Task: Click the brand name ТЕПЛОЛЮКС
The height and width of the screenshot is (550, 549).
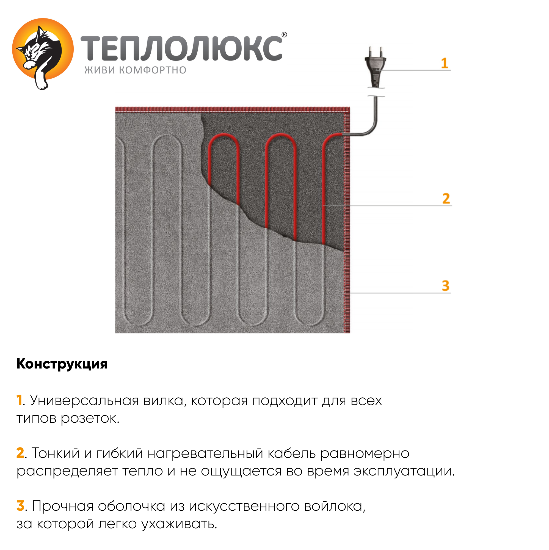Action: click(x=181, y=48)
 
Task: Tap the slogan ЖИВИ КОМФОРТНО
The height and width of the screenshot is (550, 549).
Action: click(x=135, y=70)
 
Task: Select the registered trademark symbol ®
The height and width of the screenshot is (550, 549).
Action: click(x=284, y=35)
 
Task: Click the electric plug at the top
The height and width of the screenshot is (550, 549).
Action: click(x=375, y=67)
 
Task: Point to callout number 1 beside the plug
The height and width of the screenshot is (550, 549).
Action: click(x=444, y=63)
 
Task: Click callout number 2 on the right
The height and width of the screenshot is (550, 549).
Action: click(x=446, y=199)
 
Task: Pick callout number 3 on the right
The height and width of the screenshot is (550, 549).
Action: click(x=445, y=285)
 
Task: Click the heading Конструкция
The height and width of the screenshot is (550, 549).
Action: click(x=62, y=364)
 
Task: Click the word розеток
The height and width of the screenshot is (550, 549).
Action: click(x=90, y=419)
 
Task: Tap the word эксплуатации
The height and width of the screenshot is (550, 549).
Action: click(x=404, y=471)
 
